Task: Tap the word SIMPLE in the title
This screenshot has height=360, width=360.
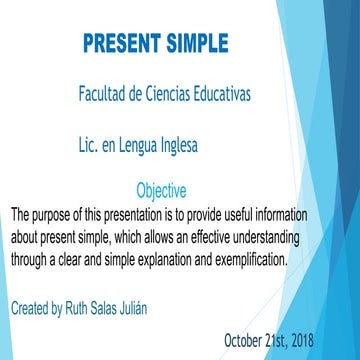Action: (194, 45)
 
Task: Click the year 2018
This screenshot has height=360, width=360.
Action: (298, 339)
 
